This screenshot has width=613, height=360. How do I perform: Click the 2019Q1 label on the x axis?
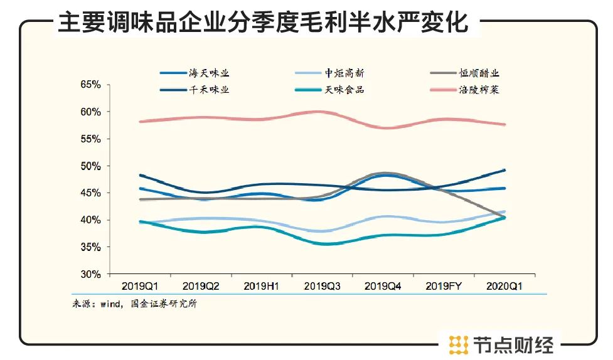click(x=140, y=287)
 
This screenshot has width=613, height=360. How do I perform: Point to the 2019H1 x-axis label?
click(x=262, y=287)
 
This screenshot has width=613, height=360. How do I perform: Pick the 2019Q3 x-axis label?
click(x=322, y=287)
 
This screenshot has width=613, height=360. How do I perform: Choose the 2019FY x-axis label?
click(x=444, y=287)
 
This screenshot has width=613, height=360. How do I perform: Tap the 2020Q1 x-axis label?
click(x=505, y=287)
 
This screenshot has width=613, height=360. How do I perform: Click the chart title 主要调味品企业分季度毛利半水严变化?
click(x=263, y=23)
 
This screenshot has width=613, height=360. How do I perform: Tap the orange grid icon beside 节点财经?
click(x=459, y=344)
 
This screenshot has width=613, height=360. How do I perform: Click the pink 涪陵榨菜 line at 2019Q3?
click(x=322, y=112)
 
